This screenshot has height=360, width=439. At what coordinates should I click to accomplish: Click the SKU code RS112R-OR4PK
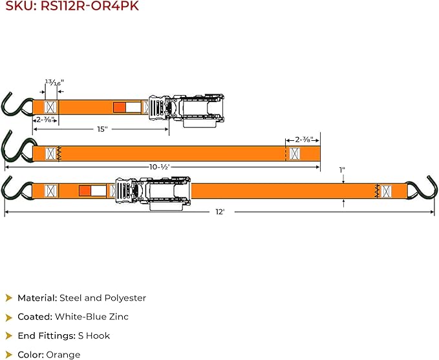[x=90, y=6]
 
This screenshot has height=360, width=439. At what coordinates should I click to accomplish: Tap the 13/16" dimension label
[x=54, y=83]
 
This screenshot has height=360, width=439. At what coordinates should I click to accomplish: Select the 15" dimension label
[x=102, y=129]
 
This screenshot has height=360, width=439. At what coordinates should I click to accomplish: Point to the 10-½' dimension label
[x=160, y=167]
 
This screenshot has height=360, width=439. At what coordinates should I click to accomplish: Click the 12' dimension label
[x=220, y=212]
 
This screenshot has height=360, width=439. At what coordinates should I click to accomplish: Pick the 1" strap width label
[x=342, y=170]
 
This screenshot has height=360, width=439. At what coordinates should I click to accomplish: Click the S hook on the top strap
[x=16, y=105]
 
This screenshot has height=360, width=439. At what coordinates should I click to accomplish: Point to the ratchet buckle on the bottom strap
[x=153, y=193]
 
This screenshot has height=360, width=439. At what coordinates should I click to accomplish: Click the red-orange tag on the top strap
[x=120, y=107]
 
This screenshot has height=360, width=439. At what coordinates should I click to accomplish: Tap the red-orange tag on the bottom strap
[x=85, y=191]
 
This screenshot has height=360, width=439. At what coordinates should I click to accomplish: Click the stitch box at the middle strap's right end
[x=295, y=154]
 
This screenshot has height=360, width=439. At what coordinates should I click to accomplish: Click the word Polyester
[x=125, y=298]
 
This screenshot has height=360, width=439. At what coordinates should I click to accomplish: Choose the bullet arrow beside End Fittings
[x=9, y=335]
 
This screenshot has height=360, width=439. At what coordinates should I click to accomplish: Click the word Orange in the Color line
[x=63, y=355]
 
